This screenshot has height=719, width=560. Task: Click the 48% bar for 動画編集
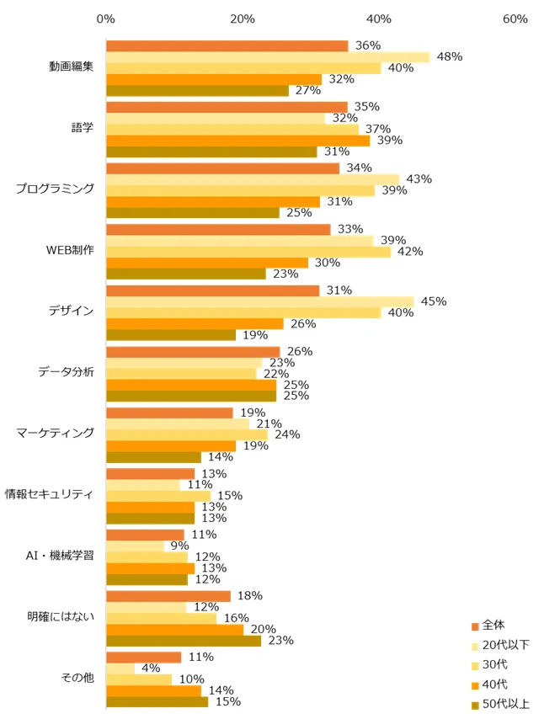coord(268,57)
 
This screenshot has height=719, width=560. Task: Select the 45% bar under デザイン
coord(259,301)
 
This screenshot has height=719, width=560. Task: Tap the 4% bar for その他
coord(120,668)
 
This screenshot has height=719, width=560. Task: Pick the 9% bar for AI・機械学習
coord(135,546)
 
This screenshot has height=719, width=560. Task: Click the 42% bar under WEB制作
coord(248,252)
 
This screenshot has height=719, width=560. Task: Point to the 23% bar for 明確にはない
coord(184,641)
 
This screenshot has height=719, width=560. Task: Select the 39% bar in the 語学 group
coord(237,141)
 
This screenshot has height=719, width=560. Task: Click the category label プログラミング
coord(55,189)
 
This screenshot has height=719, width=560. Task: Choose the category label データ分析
coord(67,373)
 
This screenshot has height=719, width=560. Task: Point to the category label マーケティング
coord(55,434)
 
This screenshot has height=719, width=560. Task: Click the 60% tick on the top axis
coord(515,19)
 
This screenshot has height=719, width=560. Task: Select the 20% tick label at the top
coord(243,19)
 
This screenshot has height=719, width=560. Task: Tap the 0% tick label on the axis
coord(106,19)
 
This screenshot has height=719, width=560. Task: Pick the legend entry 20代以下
coord(505,645)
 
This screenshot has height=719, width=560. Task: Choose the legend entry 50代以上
coord(505,704)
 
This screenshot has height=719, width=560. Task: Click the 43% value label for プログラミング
coord(419,179)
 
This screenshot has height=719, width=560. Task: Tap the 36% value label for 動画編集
coord(368,45)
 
